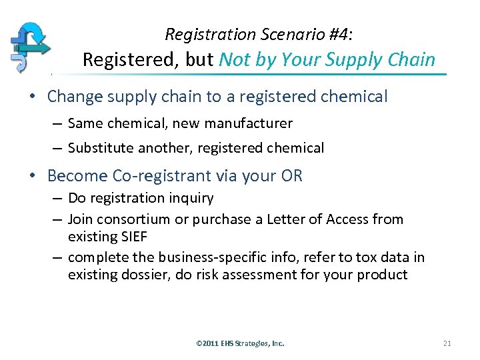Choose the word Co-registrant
[169, 176]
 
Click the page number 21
[447, 343]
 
